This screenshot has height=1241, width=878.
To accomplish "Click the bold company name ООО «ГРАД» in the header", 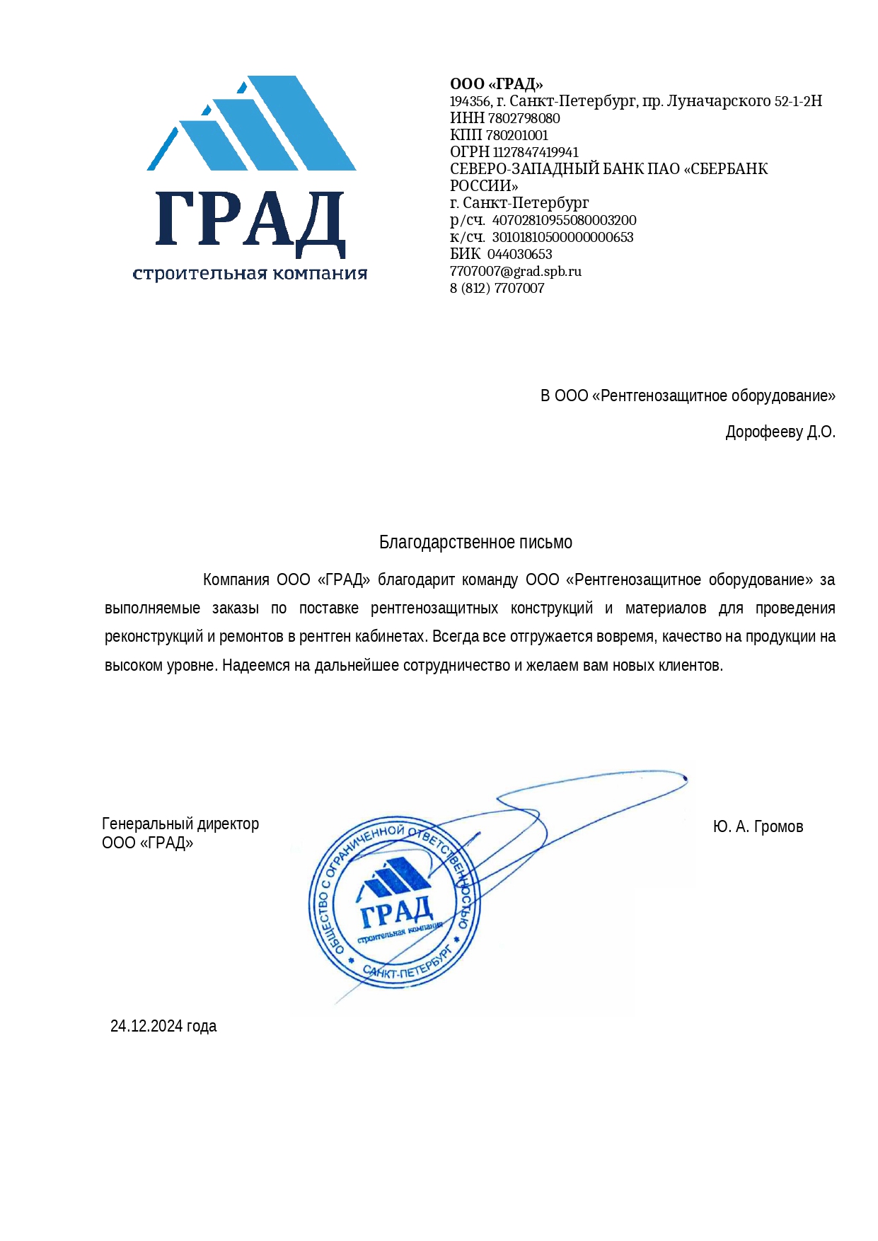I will click(x=496, y=84).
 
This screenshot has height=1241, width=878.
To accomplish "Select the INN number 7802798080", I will click(x=524, y=118).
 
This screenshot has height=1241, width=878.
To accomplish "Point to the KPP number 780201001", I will click(x=517, y=135).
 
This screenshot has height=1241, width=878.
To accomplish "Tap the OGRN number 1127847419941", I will click(x=536, y=152).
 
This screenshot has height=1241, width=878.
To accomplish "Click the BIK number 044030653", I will click(x=519, y=254).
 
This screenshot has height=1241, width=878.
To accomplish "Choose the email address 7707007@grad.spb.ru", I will click(x=515, y=271).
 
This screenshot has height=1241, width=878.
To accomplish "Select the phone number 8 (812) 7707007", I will click(x=497, y=288).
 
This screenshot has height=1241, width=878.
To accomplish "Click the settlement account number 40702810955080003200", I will click(x=564, y=220).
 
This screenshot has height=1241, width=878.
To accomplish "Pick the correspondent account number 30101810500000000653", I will click(x=562, y=237).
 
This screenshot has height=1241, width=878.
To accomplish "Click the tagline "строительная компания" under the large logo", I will click(x=250, y=274).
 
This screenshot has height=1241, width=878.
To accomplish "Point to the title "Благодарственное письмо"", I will click(x=475, y=542).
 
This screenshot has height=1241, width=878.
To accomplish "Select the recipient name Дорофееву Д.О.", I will click(x=780, y=432).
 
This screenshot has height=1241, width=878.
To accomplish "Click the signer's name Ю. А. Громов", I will click(x=758, y=826).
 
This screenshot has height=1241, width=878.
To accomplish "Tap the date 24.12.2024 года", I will click(x=163, y=1026).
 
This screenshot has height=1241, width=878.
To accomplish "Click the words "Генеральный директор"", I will click(x=180, y=824).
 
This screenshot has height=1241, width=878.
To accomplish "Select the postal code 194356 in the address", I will click(x=470, y=101).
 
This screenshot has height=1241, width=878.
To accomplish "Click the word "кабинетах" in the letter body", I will click(x=393, y=636).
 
